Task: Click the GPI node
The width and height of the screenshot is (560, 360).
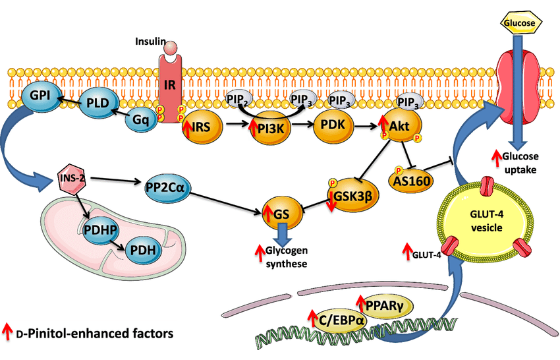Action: [x=31, y=98]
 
